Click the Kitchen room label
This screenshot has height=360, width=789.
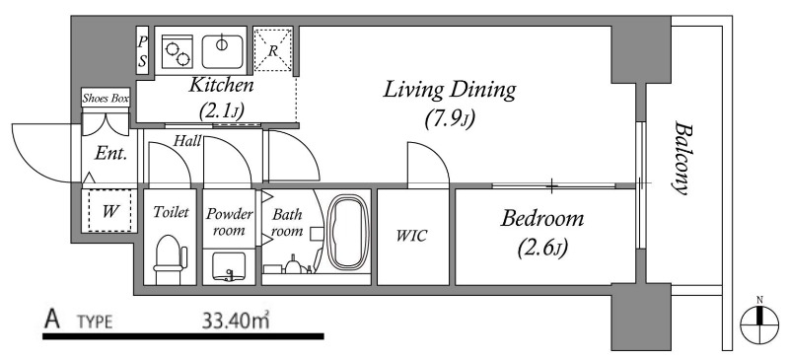click(220, 85)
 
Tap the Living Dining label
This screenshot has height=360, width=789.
click(450, 91)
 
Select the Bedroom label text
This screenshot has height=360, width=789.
click(542, 219)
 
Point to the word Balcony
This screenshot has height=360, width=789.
click(680, 157)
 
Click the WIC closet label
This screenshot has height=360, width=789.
click(411, 235)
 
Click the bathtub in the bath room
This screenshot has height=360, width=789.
click(345, 232)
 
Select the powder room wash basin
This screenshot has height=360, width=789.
click(229, 266)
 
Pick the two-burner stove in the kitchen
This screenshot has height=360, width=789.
click(179, 52)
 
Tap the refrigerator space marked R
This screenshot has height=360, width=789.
click(273, 50)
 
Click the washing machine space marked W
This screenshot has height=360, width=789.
click(109, 211)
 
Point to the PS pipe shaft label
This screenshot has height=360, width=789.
click(142, 50)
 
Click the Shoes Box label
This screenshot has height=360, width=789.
click(106, 99)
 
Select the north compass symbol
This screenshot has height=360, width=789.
click(759, 320)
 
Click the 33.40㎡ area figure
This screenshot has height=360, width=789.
click(236, 321)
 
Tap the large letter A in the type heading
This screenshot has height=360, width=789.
click(52, 320)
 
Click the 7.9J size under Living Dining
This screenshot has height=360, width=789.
click(450, 119)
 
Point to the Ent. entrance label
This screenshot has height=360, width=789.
click(110, 154)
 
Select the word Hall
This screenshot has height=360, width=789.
click(186, 140)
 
